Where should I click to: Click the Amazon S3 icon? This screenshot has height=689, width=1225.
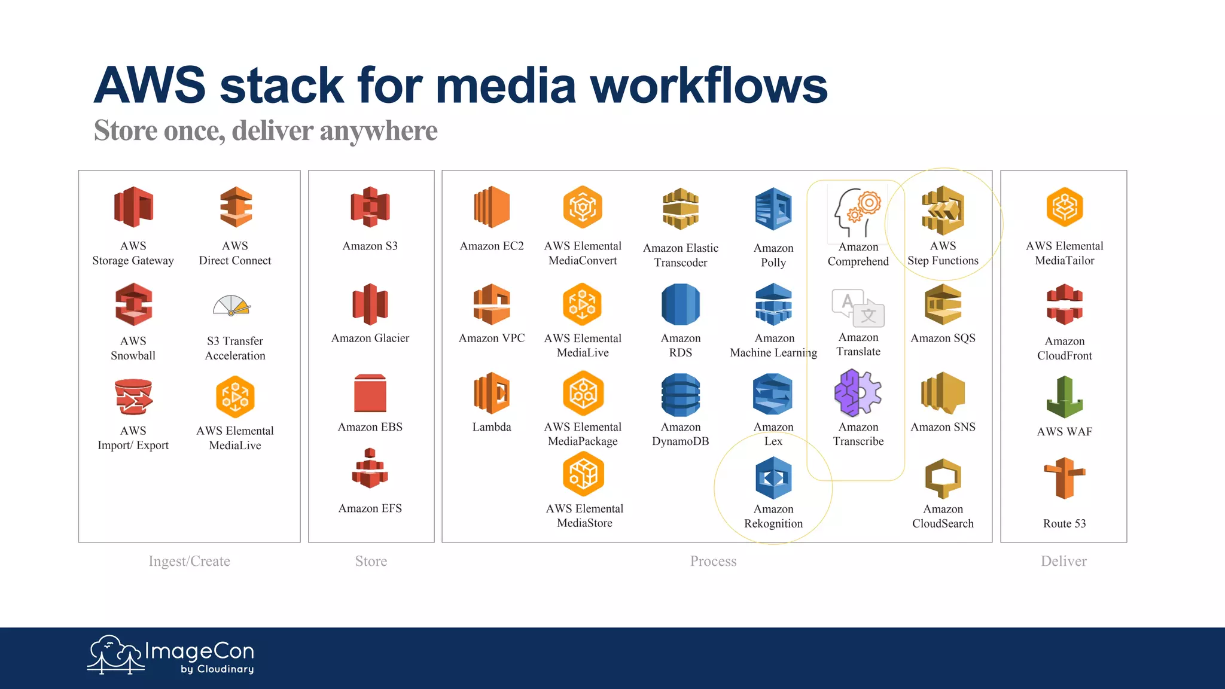coord(370,207)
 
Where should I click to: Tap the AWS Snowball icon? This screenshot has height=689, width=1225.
coord(133,304)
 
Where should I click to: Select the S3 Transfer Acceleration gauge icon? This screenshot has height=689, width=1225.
coord(231,306)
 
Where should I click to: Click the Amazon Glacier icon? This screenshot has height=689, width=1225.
coord(370,304)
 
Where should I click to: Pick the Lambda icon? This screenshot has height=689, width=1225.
coord(492,393)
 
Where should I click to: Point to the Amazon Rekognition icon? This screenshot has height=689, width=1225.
coord(773,478)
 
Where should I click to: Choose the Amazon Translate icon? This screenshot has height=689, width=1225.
coord(858,308)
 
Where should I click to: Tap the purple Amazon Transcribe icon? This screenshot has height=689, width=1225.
coord(858,393)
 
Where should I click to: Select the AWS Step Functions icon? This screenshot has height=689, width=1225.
coord(943,210)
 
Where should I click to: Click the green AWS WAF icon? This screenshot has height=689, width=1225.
coord(1065,397)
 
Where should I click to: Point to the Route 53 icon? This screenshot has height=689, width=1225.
coord(1065,478)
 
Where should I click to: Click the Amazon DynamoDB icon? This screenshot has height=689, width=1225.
coord(681,395)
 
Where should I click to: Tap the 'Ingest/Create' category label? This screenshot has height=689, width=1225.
coord(189,561)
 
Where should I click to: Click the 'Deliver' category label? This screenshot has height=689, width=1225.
coord(1064,561)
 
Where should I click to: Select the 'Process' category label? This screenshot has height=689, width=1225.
coord(713,561)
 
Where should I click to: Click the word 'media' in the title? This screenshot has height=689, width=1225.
coord(506,86)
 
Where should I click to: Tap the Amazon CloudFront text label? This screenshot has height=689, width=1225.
coord(1065,348)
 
